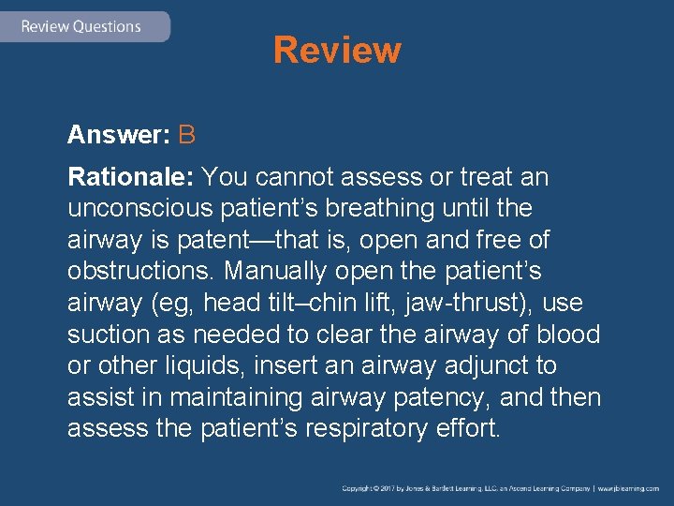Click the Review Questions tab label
tap(81, 26)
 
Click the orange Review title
tap(337, 51)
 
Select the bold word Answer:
tap(118, 135)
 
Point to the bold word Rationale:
tap(131, 176)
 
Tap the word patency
tap(440, 398)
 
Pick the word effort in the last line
tap(467, 430)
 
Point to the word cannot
tap(289, 176)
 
